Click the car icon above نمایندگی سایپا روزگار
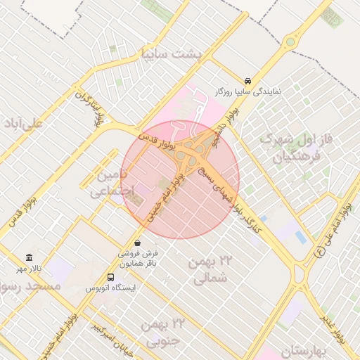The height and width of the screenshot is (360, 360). [x=248, y=81]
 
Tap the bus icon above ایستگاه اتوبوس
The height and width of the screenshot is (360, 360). [x=110, y=277]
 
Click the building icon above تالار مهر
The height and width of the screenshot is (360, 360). [x=29, y=257]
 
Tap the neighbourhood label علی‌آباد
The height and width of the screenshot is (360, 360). [x=23, y=123]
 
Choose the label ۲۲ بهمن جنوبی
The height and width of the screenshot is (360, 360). [x=162, y=333]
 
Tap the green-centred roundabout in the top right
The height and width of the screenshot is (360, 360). [x=290, y=42]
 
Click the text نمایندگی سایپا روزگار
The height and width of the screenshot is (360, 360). [x=248, y=92]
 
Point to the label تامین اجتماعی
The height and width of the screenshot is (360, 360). [x=111, y=181]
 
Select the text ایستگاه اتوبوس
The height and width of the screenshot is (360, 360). [x=110, y=288]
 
